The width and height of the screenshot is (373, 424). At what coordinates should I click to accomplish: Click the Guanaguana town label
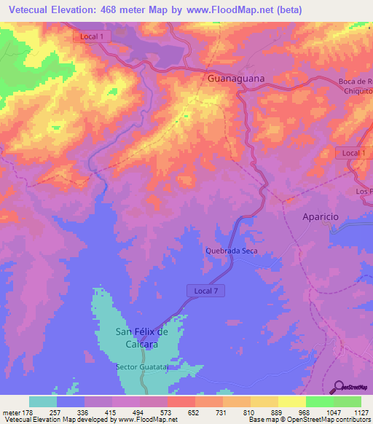(235, 77)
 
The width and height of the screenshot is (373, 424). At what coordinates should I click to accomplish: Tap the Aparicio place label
(321, 217)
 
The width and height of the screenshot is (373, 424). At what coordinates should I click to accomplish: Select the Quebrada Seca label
(232, 251)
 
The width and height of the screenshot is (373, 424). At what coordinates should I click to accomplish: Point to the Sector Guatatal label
(142, 366)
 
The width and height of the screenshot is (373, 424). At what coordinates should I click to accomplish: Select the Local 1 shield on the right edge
(353, 152)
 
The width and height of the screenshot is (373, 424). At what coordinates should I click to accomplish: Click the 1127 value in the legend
(361, 412)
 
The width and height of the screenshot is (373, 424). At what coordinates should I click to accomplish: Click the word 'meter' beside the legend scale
(10, 412)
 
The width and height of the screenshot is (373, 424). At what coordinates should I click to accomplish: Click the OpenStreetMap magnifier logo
(339, 387)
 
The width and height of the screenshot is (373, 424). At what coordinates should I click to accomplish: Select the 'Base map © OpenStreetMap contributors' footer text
(310, 420)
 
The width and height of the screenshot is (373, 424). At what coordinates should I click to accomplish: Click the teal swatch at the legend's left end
(43, 401)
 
